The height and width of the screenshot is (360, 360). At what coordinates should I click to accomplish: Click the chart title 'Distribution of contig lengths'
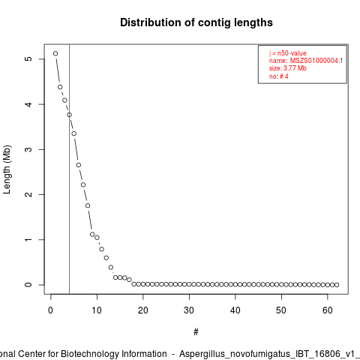pos(196,22)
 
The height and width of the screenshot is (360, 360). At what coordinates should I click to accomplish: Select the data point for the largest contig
pos(55,53)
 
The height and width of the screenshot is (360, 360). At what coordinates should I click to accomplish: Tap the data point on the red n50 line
pos(69,115)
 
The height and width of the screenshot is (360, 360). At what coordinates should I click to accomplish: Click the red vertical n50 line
pos(69,169)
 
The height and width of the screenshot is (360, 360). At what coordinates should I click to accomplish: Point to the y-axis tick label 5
pos(28,58)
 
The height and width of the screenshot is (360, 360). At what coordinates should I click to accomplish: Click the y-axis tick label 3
pos(28,149)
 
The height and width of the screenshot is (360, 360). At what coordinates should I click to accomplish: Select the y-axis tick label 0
pos(28,285)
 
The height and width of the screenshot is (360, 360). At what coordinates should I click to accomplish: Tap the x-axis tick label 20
pos(143,310)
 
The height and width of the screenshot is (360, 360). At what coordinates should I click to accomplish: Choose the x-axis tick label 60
pos(328,310)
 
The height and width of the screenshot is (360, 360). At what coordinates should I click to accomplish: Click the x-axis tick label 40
pos(235,310)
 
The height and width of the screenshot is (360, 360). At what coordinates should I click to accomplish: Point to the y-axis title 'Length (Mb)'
pos(7,169)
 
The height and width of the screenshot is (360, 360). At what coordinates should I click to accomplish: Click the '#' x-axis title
pos(196,332)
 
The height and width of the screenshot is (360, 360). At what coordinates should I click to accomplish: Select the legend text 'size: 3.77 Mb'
pos(288,68)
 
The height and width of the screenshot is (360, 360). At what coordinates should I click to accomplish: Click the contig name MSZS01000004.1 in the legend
pos(316,61)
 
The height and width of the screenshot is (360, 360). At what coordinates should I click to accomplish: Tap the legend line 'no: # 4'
pos(279,76)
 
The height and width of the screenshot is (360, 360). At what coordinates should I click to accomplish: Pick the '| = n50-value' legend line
pos(288,53)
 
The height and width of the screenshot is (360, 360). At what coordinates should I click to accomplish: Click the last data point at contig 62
pos(337,285)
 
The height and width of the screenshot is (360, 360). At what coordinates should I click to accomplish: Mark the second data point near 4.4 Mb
pos(60,87)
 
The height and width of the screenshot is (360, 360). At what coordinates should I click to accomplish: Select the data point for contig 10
pos(97,238)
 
